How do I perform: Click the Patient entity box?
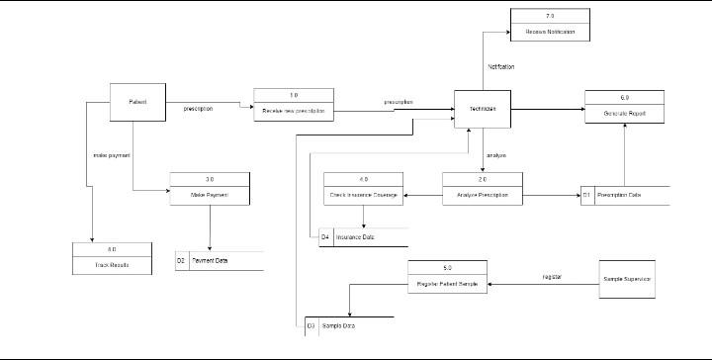coord(137,102)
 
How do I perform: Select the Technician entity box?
coord(483,109)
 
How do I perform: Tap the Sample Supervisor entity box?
coord(627,279)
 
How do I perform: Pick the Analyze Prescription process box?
coord(482,190)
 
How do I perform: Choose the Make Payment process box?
coord(210,189)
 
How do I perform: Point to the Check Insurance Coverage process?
coord(364,190)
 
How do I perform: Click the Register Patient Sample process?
coord(447,278)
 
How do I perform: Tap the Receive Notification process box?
coord(550,25)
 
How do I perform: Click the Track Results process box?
coord(112,259)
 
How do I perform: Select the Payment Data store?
coord(220,261)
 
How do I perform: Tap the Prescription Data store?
coord(625,196)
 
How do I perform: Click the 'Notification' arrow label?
coord(501,66)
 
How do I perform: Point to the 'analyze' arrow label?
coord(495,155)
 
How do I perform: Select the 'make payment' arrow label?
coord(112,155)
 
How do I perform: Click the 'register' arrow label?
coord(552,277)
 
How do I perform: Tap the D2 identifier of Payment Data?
coord(182,261)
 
